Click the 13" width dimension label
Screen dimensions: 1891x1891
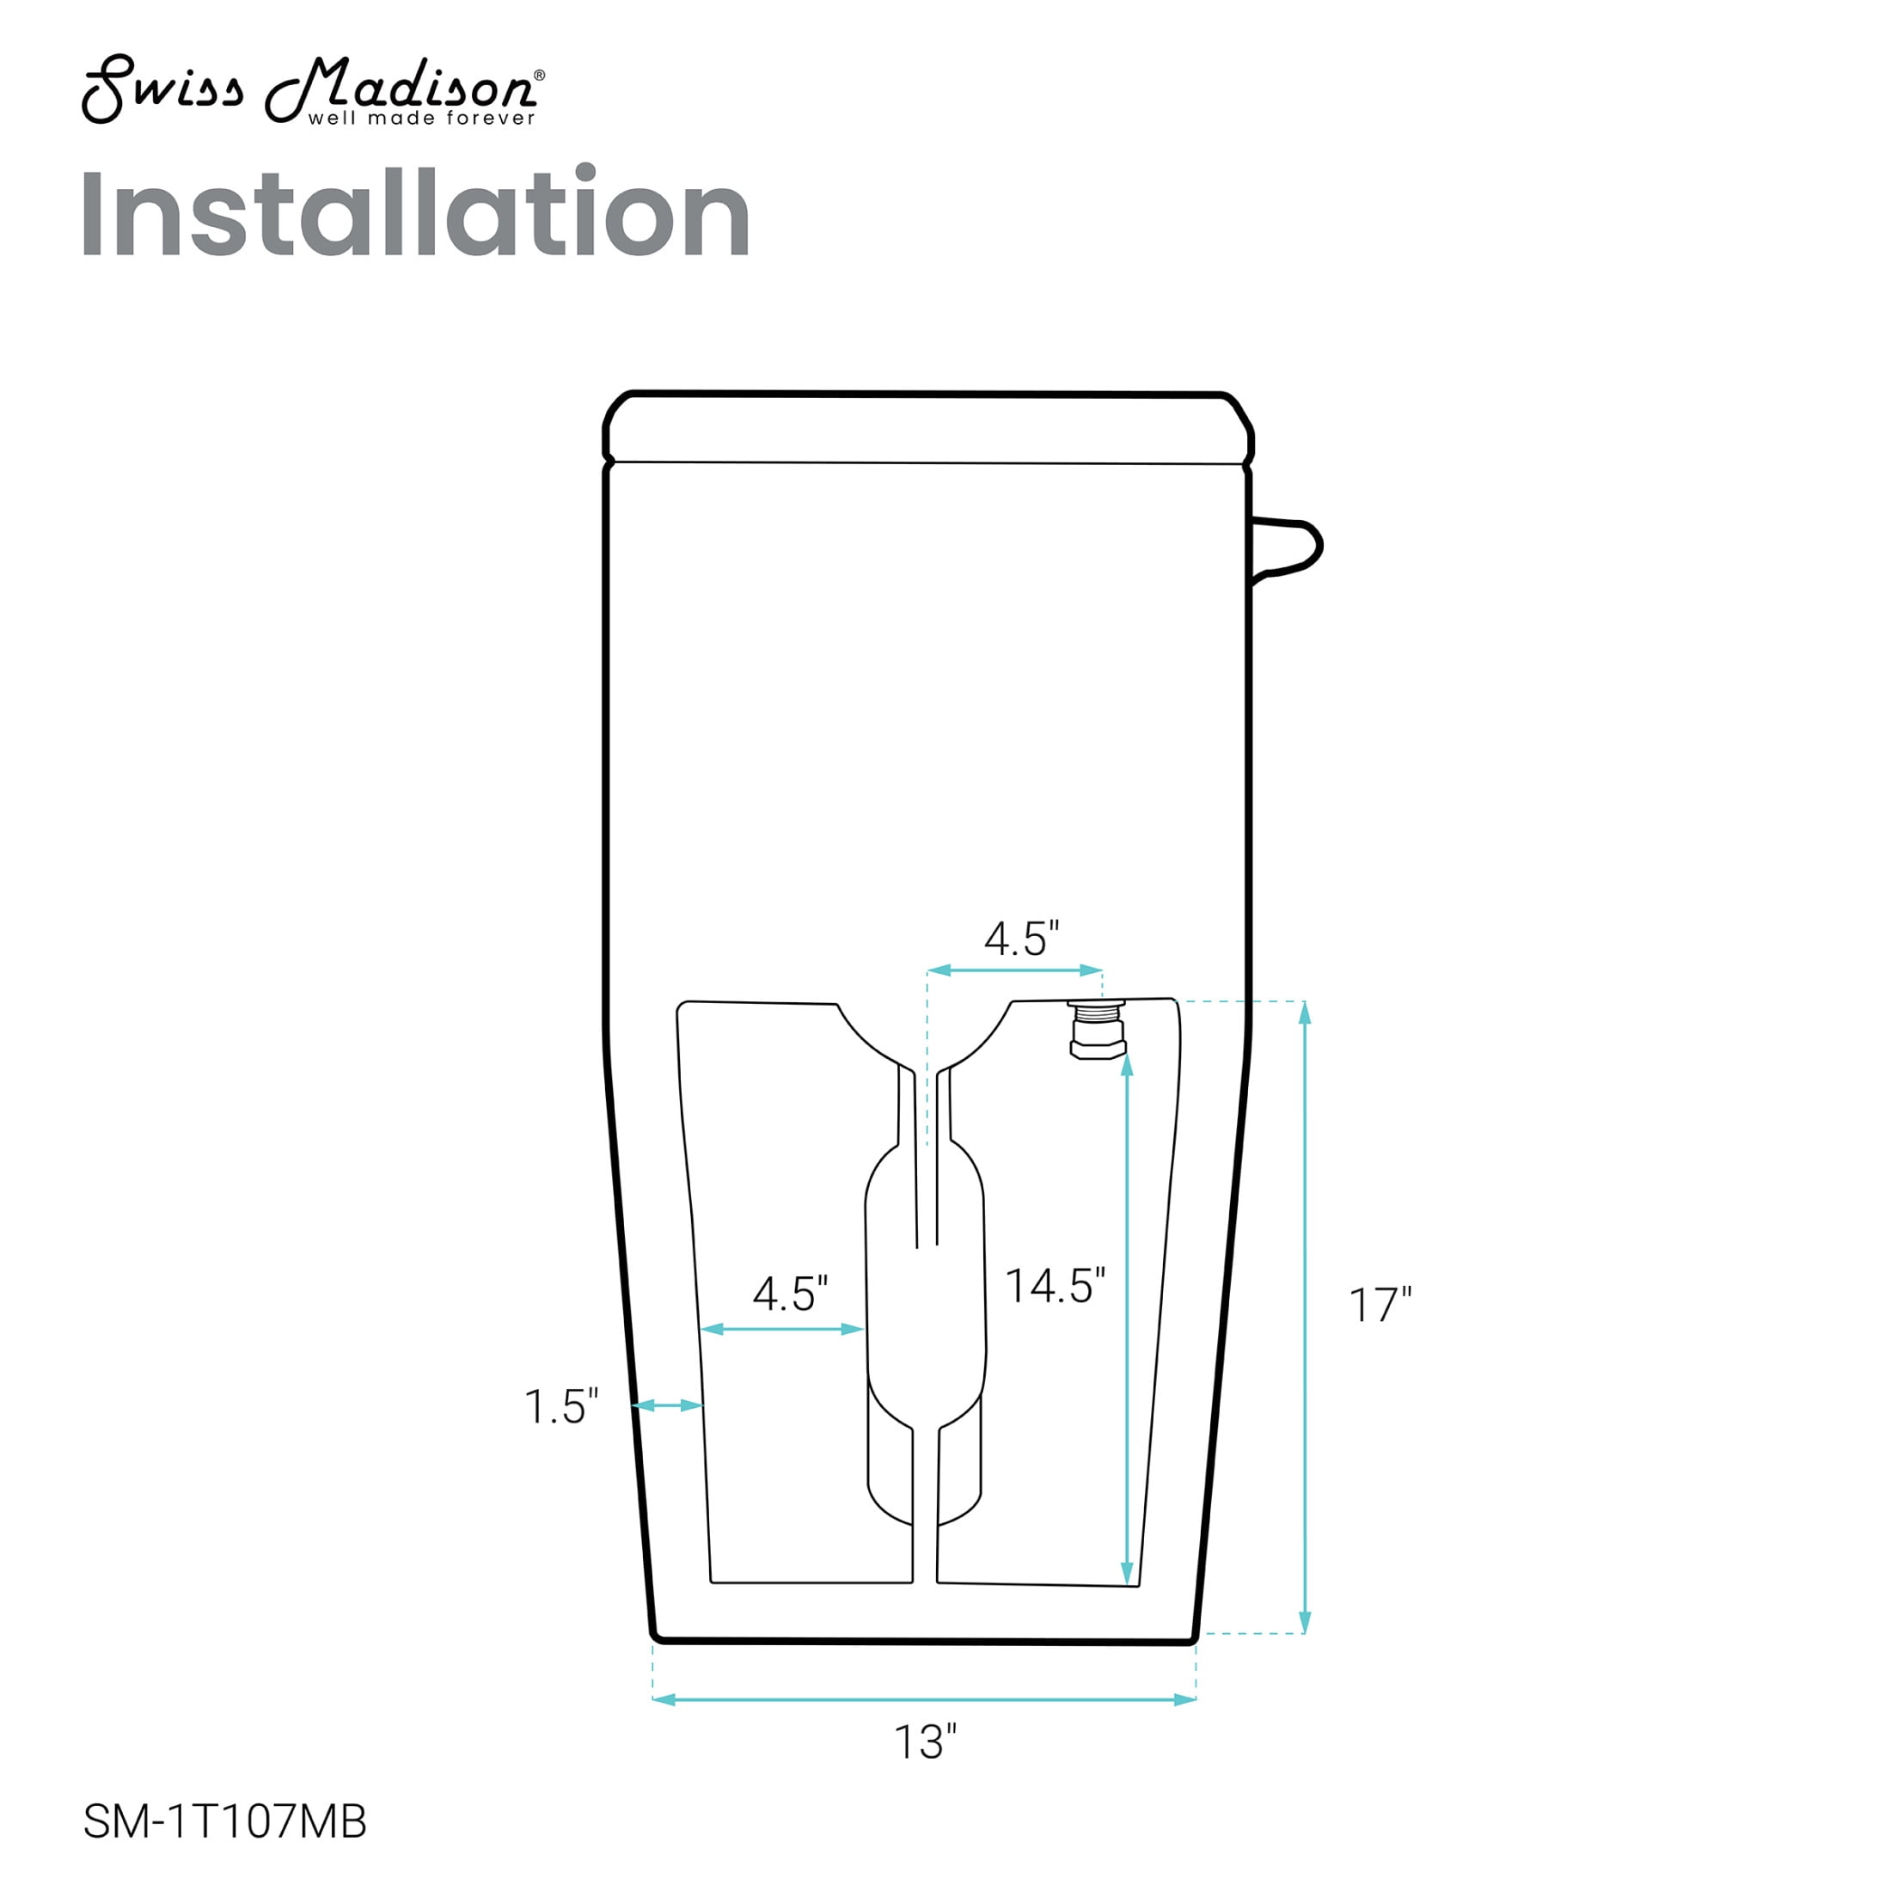point(925,1770)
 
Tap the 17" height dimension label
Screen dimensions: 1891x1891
point(1380,1305)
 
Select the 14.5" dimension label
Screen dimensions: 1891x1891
point(1056,1285)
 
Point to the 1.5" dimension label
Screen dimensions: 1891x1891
point(560,1406)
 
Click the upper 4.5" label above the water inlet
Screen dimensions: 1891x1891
point(1022,939)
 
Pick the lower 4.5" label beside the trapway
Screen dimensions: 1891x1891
point(790,1294)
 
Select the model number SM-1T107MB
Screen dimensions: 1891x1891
point(225,1821)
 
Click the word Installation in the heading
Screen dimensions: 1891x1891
point(415,212)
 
